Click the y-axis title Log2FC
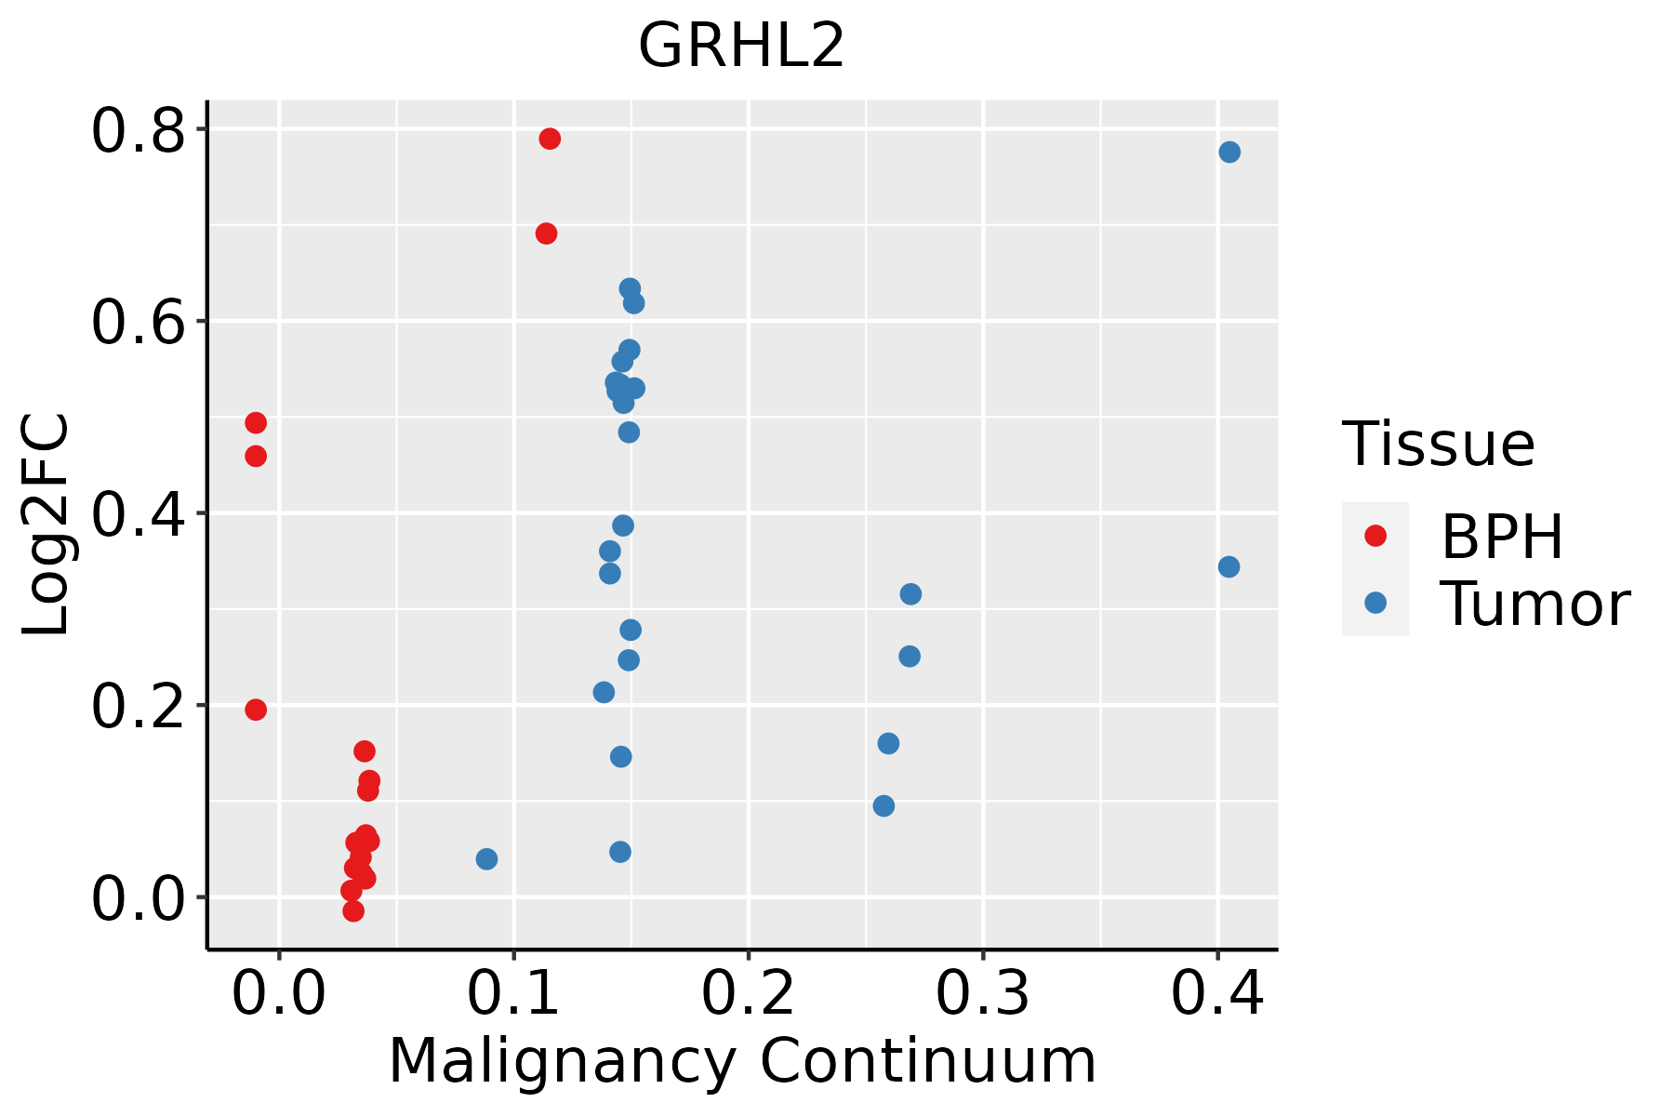coord(46,525)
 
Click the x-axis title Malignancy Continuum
coord(741,1061)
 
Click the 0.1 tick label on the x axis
coord(513,993)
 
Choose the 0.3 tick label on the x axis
coord(982,993)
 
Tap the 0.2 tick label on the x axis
coord(748,993)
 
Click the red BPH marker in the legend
coord(1375,536)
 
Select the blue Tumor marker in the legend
coord(1375,603)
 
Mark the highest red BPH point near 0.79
coord(550,139)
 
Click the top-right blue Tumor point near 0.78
coord(1229,152)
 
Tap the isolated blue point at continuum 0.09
coord(486,858)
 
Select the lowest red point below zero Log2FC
coord(353,910)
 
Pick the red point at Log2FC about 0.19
coord(256,710)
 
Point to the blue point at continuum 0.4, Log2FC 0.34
coord(1229,566)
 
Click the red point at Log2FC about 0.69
coord(547,233)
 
